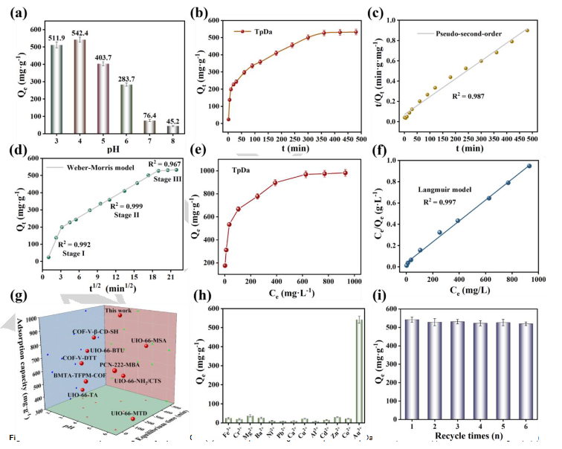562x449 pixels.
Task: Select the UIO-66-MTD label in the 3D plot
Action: point(131,412)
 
